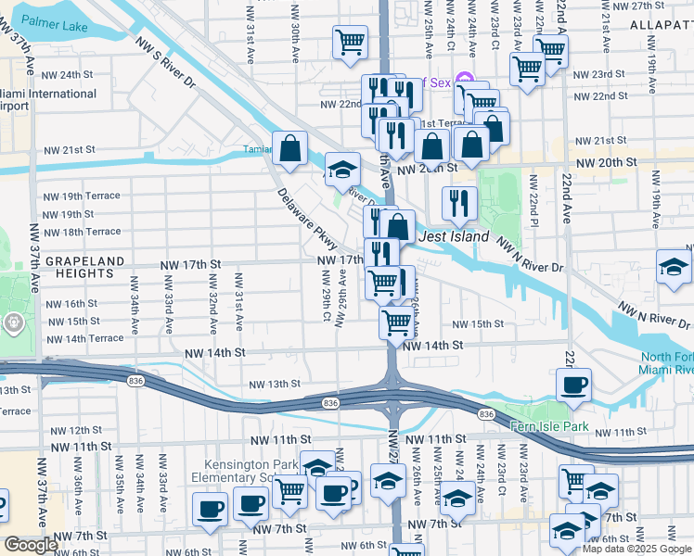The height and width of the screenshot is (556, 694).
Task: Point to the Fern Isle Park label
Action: click(x=549, y=426)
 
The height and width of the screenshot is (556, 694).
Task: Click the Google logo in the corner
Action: click(x=30, y=545)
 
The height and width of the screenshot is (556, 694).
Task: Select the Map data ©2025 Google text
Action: click(x=636, y=549)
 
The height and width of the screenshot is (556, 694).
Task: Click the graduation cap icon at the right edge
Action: click(x=674, y=267)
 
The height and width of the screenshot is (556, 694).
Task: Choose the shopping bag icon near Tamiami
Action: click(x=290, y=147)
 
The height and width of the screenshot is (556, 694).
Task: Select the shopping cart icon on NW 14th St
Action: click(x=397, y=322)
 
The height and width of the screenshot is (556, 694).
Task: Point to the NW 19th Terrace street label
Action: click(x=82, y=196)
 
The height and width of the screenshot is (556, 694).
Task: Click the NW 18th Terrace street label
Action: click(x=82, y=232)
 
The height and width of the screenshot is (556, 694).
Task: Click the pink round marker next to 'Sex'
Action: click(x=466, y=82)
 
